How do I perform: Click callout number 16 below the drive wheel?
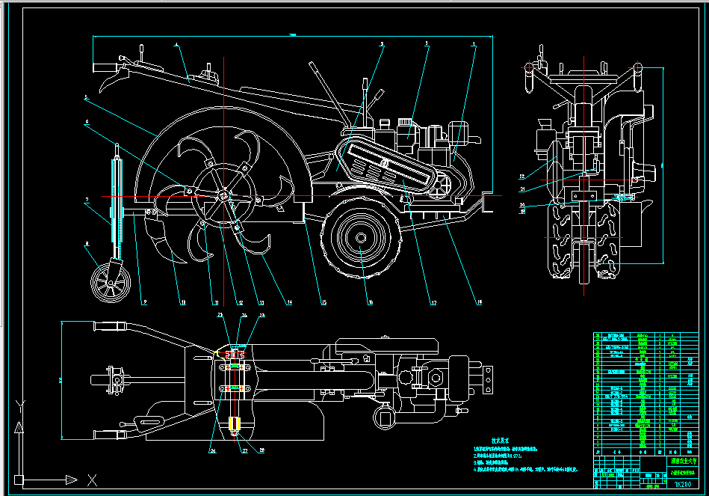(370, 303)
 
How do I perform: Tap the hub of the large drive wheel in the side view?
(361, 238)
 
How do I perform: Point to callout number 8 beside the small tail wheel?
(86, 242)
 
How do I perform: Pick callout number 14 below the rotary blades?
(287, 303)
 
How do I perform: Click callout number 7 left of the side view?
(87, 200)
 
